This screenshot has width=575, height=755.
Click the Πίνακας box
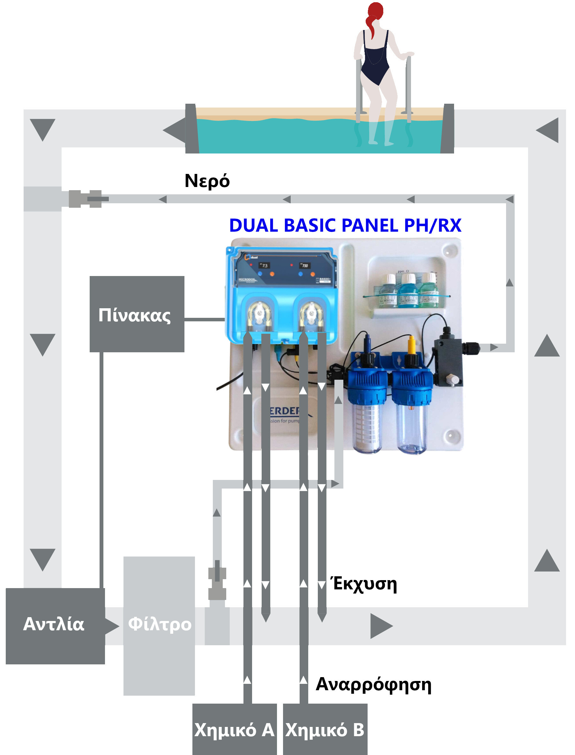(x=137, y=314)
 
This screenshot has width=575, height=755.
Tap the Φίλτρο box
(x=159, y=625)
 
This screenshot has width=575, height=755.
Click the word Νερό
(x=207, y=181)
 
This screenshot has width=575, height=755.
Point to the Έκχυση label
(x=364, y=584)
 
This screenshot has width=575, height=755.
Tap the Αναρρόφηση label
(x=373, y=684)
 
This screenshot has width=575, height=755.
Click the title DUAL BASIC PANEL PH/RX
(x=345, y=226)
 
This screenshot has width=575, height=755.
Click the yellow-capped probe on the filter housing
(x=411, y=346)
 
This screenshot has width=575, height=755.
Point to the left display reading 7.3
(x=264, y=265)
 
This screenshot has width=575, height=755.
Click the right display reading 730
(x=304, y=265)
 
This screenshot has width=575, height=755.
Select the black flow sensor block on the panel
(x=448, y=363)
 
